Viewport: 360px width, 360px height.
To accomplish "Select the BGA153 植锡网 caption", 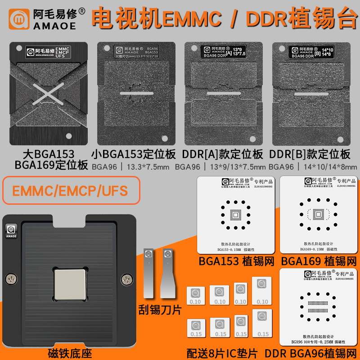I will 237,261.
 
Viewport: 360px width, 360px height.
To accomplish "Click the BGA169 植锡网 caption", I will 319,261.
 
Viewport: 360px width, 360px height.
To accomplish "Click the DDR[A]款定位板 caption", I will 223,154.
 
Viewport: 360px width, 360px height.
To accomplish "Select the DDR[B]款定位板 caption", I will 310,154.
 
